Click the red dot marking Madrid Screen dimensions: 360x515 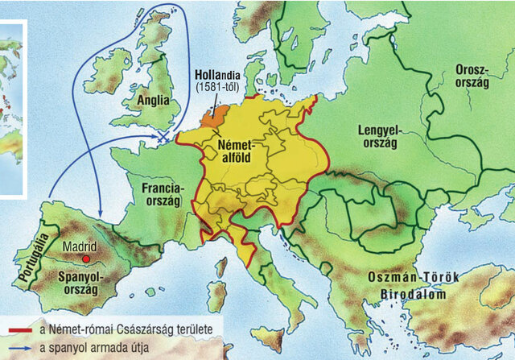(85, 259)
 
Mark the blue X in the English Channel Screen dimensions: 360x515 (164, 137)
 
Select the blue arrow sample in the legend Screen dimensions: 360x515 (18, 347)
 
